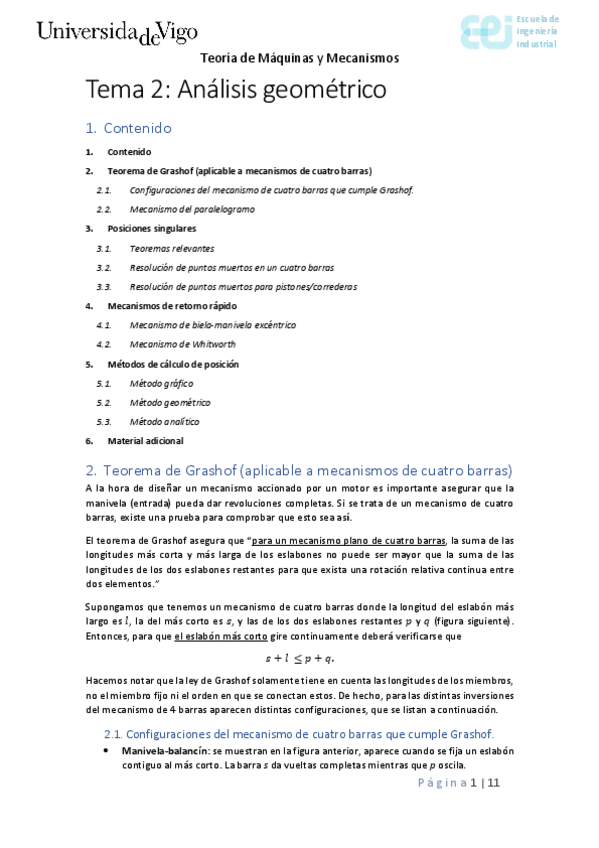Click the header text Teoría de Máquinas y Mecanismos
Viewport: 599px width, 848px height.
[299, 58]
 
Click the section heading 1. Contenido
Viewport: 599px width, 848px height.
[129, 128]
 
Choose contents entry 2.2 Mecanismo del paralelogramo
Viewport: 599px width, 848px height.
[192, 209]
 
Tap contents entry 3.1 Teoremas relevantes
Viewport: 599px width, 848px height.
[171, 248]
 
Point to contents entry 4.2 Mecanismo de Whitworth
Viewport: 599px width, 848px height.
[185, 344]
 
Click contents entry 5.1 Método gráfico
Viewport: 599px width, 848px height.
[161, 383]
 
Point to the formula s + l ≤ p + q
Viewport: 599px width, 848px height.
[299, 658]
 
